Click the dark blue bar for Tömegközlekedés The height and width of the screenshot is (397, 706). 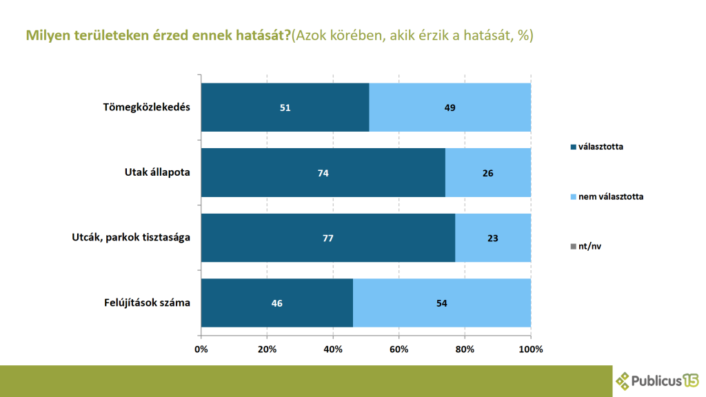click(285, 107)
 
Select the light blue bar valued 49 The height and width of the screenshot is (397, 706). click(450, 107)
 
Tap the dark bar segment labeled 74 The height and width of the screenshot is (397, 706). click(323, 172)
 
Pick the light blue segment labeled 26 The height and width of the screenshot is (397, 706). click(488, 172)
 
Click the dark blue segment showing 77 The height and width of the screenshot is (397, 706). click(328, 238)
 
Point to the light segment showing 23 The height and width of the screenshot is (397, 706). click(493, 238)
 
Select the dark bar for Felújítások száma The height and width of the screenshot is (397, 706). click(276, 303)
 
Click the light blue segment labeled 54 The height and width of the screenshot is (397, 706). click(442, 303)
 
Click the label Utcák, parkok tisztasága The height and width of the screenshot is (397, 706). click(131, 238)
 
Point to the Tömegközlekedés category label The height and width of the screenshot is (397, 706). click(146, 107)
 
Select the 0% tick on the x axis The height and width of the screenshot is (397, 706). click(201, 349)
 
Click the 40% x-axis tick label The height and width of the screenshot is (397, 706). click(333, 349)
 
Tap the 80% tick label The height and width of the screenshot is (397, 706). click(465, 349)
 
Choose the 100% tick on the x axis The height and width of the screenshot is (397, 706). click(531, 349)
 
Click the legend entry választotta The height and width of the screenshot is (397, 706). click(601, 146)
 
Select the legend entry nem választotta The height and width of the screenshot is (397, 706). click(610, 196)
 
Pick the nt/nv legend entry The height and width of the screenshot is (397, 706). click(589, 245)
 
